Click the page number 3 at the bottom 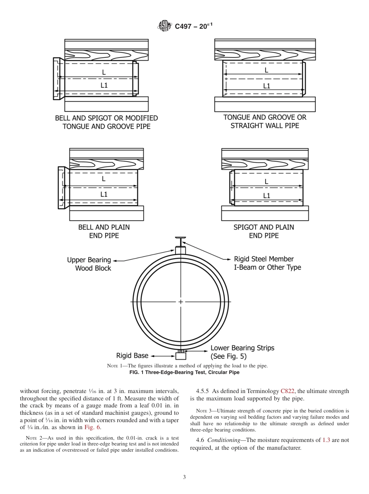[x=184, y=477]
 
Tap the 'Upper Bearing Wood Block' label [x=89, y=264]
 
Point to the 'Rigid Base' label [x=132, y=355]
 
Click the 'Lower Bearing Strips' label [x=242, y=352]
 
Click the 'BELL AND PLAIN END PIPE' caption [x=104, y=231]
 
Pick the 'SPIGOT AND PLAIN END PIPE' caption [x=263, y=231]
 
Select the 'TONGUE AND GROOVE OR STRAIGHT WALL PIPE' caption [x=265, y=121]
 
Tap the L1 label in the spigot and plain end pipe [x=266, y=196]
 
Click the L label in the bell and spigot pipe [x=104, y=72]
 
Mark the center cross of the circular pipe [x=181, y=302]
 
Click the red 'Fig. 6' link [x=93, y=427]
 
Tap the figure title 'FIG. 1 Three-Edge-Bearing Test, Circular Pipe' [x=184, y=372]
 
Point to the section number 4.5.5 [x=204, y=391]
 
